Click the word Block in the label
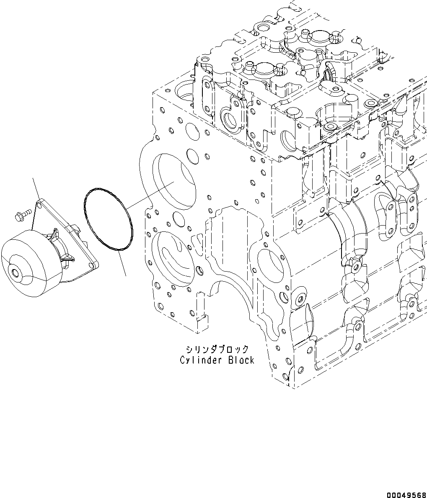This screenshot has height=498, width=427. (x=241, y=360)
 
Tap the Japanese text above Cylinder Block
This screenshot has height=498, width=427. (x=217, y=349)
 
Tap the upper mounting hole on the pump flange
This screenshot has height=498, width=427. (x=39, y=204)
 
